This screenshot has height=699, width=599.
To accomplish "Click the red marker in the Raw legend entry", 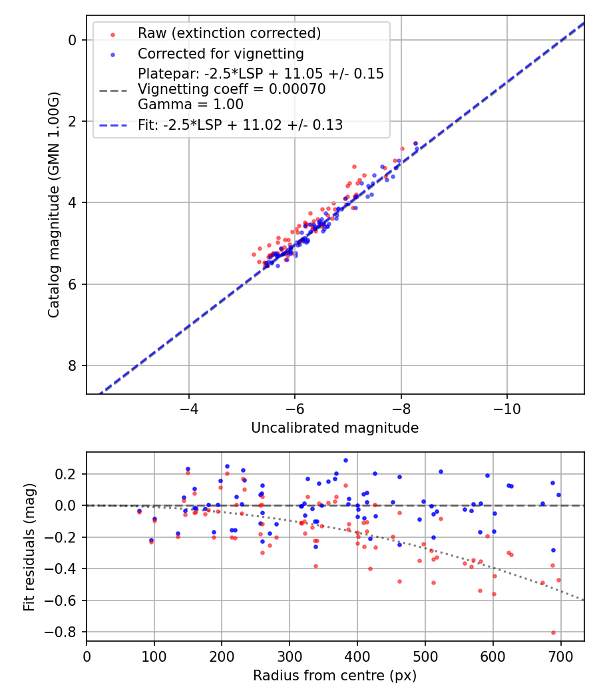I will coord(112,34).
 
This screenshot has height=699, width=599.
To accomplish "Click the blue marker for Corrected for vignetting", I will coord(112,54).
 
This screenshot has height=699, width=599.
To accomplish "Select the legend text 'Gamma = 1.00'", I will coord(190,105).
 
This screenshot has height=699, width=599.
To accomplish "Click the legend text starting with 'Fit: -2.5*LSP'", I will coord(240,124).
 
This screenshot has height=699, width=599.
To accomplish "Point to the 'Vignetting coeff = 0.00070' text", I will coord(232,89).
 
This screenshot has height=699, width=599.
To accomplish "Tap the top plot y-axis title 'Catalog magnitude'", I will coord(54,204).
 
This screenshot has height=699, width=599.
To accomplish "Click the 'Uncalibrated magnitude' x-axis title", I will coord(335,428).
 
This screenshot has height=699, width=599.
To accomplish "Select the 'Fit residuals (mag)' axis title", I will coord(29,547).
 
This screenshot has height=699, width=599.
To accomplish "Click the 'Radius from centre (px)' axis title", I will coord(335,676).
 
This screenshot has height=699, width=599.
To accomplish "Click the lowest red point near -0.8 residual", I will coord(553,632).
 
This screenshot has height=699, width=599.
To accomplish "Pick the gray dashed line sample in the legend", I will coord(112,89).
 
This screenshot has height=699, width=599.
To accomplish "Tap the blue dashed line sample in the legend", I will coord(112,124).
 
